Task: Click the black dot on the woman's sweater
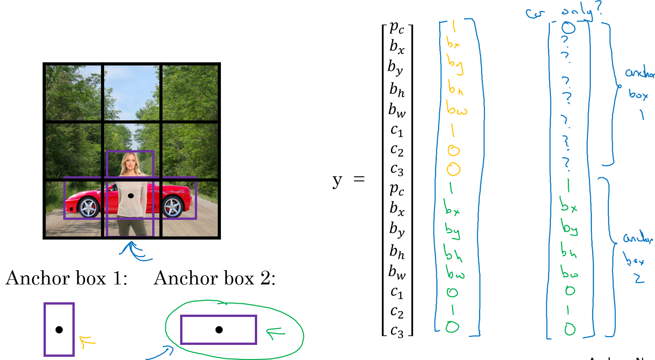pyautogui.click(x=131, y=196)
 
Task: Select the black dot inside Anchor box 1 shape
pyautogui.click(x=59, y=329)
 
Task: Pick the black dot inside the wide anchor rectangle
pyautogui.click(x=219, y=329)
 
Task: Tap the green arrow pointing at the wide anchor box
pyautogui.click(x=276, y=334)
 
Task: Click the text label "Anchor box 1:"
pyautogui.click(x=66, y=278)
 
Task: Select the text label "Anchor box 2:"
pyautogui.click(x=215, y=278)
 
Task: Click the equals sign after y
pyautogui.click(x=359, y=179)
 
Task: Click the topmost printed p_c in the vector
pyautogui.click(x=397, y=28)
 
